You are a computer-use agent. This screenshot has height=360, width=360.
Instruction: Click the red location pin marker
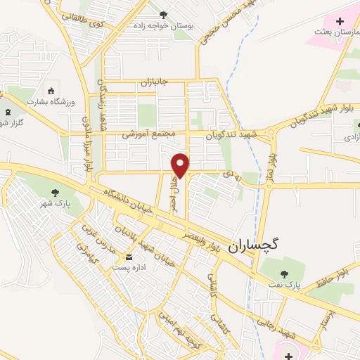(181, 165)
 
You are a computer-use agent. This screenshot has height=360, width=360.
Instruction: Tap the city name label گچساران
(253, 245)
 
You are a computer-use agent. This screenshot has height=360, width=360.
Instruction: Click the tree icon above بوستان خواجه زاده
(164, 14)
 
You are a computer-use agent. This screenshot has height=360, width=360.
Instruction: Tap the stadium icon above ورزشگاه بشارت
(51, 91)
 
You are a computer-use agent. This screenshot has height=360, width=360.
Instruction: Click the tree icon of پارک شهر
(54, 191)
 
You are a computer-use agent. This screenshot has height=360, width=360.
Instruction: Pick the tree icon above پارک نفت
(284, 274)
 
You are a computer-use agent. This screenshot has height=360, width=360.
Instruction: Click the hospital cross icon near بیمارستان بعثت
(340, 22)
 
